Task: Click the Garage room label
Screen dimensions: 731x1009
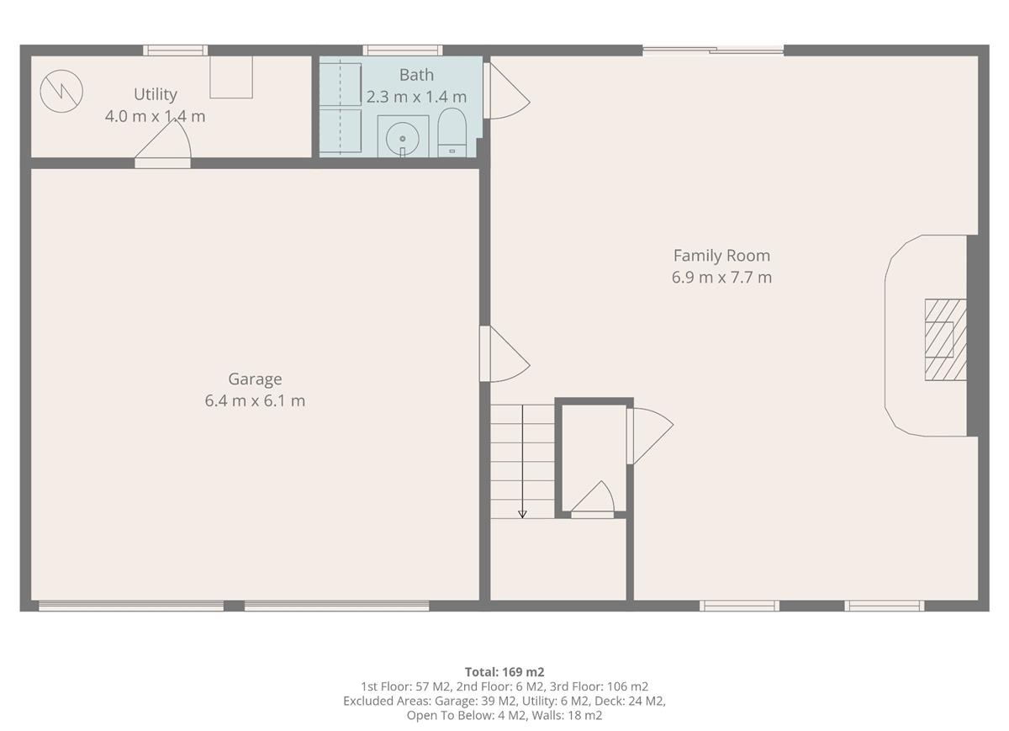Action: (255, 379)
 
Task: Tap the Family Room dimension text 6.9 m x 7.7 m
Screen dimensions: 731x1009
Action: (721, 278)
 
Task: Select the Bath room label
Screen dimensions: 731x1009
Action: (416, 75)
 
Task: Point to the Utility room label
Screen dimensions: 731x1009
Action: (156, 94)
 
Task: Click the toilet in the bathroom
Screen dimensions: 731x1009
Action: (452, 133)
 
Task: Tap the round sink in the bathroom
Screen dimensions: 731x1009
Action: (403, 137)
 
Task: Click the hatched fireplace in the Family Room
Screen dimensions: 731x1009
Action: (945, 340)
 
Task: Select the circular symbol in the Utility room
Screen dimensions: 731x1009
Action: (61, 90)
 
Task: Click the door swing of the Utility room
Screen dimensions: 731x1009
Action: (165, 143)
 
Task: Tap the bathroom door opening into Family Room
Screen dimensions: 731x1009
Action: (506, 92)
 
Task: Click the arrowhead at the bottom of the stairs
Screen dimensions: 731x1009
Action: (522, 513)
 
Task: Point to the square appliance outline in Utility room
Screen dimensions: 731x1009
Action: (231, 77)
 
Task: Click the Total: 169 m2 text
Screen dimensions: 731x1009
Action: (504, 671)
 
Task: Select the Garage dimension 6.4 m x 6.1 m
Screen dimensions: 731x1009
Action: (255, 401)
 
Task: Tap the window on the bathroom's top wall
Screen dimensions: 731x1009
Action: (403, 50)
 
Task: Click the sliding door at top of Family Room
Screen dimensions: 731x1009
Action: (713, 51)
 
